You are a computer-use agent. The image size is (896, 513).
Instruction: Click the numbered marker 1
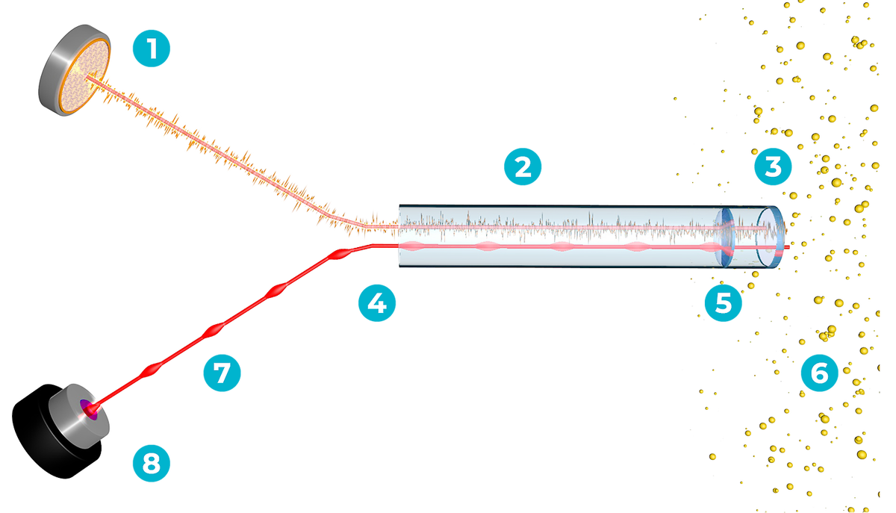[152, 51]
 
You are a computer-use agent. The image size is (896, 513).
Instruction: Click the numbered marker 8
[152, 464]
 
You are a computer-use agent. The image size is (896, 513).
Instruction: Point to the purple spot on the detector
[90, 407]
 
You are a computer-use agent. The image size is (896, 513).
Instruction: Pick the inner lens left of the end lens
[723, 233]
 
